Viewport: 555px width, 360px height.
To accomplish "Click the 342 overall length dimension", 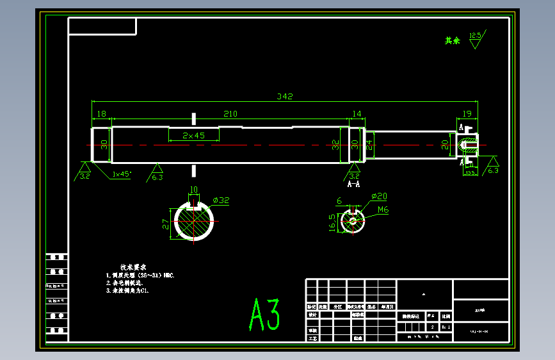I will (284, 97).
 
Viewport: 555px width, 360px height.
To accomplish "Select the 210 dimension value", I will (230, 114).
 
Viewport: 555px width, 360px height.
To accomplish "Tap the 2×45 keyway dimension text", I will (193, 136).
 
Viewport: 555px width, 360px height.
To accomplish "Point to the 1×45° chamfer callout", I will (121, 174).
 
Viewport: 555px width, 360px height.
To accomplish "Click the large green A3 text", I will (264, 315).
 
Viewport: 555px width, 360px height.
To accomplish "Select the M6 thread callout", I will (383, 209).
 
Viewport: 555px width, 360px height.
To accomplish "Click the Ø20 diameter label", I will (379, 196).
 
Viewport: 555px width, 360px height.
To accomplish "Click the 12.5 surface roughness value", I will (475, 35).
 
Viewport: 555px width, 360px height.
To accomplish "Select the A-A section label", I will (353, 183).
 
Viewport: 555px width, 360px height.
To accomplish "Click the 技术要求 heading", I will (134, 266).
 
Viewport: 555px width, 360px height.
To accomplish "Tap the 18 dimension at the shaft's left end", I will (101, 114).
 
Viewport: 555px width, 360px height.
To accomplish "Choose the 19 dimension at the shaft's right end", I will (467, 114).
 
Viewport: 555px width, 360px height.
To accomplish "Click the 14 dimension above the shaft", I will (357, 114).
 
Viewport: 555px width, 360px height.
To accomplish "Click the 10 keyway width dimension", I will (193, 190).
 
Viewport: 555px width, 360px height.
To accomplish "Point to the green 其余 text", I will (453, 40).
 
